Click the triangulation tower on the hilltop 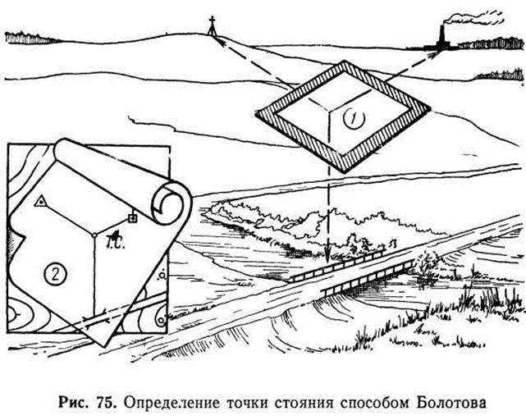[212, 25]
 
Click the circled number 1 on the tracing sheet [354, 119]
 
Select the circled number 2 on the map [56, 274]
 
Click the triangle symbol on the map [40, 201]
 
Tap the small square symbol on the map [133, 218]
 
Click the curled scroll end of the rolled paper [167, 203]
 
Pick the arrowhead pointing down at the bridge [328, 255]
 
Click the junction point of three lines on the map [95, 235]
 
